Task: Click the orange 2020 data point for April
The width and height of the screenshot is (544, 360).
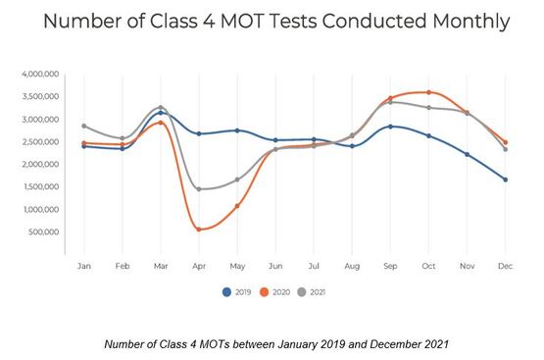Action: point(199,230)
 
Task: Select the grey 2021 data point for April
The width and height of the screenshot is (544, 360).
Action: point(199,188)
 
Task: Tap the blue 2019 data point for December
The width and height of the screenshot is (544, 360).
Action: point(504,180)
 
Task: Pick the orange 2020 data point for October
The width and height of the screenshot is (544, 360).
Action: point(428,92)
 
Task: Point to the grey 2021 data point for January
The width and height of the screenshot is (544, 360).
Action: point(85,126)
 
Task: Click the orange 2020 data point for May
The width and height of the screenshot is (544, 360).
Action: point(237,206)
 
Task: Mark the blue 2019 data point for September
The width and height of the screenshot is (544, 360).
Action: point(390,127)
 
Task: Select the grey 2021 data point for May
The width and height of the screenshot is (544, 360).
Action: point(237,180)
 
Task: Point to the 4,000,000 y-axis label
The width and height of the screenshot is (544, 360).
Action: point(41,75)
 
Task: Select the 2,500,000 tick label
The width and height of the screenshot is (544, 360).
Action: point(41,142)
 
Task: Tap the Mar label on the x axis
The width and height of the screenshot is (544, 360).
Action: point(161,266)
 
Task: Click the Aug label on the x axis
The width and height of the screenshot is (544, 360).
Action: point(352,266)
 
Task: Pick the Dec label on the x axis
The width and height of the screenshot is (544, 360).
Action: point(504,266)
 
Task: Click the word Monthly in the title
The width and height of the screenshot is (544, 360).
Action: point(462,22)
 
